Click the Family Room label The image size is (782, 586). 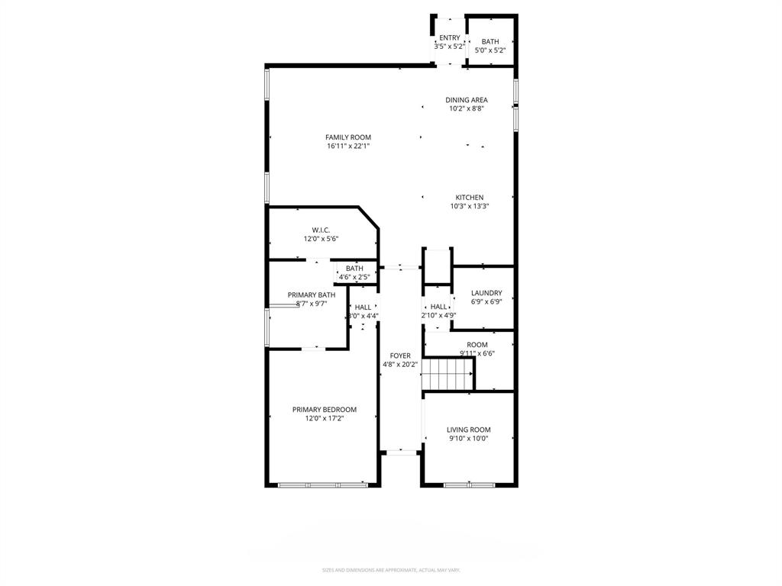347,137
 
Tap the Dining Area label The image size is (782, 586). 467,100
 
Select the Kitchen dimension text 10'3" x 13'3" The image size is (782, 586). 469,206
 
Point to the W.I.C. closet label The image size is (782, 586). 321,230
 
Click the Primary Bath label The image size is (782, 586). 311,295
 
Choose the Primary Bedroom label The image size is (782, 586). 324,410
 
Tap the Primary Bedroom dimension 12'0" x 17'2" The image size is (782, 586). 324,418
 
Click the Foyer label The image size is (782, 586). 400,356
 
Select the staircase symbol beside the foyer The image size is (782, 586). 449,375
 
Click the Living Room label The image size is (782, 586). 468,430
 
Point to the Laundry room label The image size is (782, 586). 486,293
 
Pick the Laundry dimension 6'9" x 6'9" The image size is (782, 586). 486,302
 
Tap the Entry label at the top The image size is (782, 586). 449,37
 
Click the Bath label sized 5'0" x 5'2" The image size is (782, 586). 490,42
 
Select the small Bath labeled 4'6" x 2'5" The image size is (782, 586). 354,269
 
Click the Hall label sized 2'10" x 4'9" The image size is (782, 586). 438,307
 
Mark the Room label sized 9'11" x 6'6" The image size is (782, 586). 477,345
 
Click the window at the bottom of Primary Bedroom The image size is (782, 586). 322,485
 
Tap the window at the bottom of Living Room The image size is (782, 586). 469,485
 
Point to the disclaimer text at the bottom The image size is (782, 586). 391,570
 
